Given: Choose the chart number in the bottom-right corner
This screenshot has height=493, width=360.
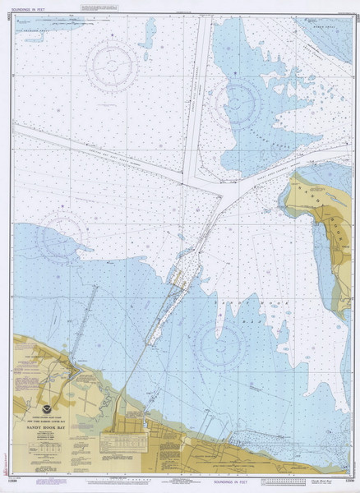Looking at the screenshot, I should click(351, 483).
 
